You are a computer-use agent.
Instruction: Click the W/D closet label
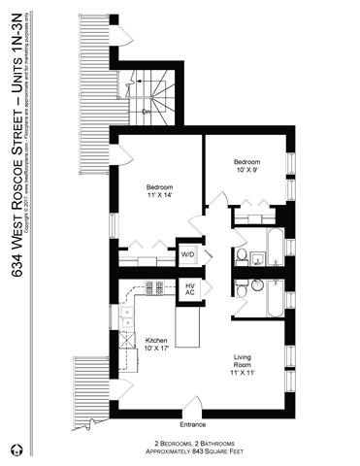pyautogui.click(x=187, y=255)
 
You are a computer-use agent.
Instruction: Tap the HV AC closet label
pyautogui.click(x=190, y=288)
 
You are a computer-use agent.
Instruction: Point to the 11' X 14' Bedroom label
pyautogui.click(x=160, y=191)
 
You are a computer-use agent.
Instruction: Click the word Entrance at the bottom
pyautogui.click(x=194, y=425)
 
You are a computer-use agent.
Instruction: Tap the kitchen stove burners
pyautogui.click(x=154, y=287)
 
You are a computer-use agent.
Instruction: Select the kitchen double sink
pyautogui.click(x=126, y=321)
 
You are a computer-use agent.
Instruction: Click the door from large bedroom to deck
pyautogui.click(x=120, y=154)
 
